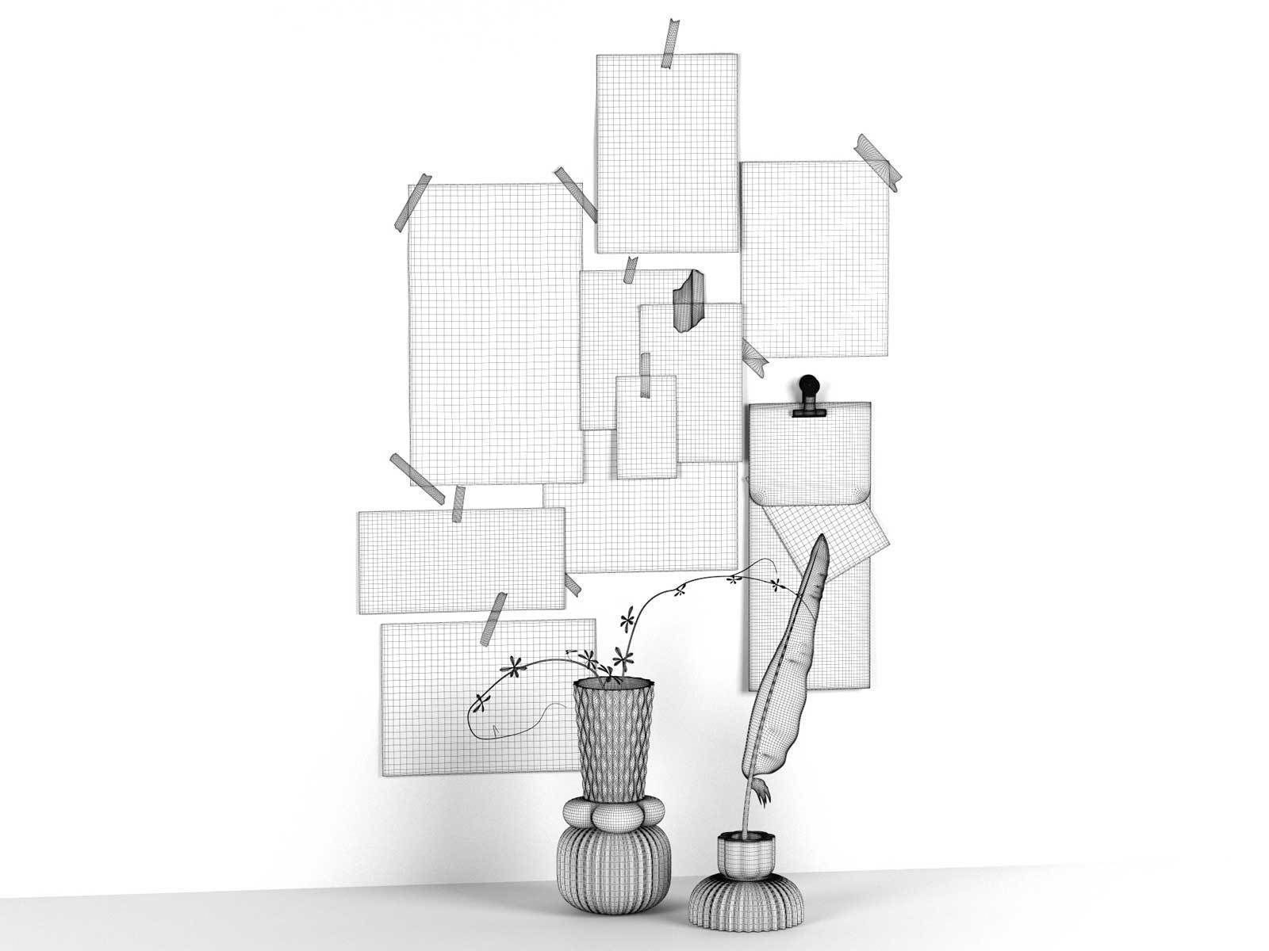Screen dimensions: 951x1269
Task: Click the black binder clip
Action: click(x=809, y=396)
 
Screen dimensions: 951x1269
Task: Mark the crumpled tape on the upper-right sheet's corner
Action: click(x=879, y=161)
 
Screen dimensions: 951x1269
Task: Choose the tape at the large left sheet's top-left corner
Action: click(x=412, y=204)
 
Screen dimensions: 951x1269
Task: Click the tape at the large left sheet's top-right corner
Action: click(x=577, y=192)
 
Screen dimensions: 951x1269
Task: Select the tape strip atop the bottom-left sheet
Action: click(x=495, y=617)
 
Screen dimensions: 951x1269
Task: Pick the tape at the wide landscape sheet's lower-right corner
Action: click(x=571, y=583)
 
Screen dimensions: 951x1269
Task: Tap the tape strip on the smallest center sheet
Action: click(x=646, y=375)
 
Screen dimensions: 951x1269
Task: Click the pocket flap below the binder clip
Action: click(x=809, y=460)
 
